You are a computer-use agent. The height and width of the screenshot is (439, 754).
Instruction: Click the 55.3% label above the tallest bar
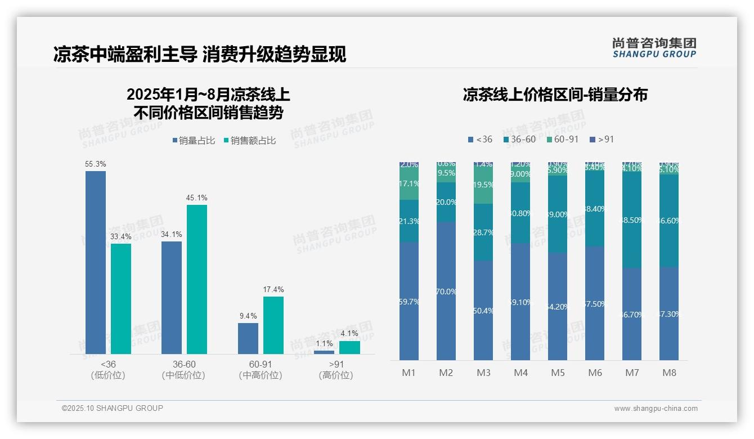[x=96, y=164]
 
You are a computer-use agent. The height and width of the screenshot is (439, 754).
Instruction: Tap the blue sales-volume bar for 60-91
[x=248, y=338]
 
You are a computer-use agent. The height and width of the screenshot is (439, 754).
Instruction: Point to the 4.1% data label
[x=349, y=334]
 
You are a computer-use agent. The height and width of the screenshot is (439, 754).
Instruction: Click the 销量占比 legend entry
[x=194, y=141]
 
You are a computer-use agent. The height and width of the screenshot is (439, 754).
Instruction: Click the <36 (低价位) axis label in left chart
[x=108, y=370]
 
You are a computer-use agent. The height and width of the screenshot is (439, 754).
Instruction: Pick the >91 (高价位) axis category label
[x=336, y=370]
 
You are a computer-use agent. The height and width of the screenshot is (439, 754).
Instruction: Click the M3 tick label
[x=483, y=373]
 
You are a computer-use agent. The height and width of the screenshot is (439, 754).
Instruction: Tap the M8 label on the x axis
[x=669, y=373]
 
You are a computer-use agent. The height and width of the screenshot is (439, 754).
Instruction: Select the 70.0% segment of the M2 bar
[x=446, y=291]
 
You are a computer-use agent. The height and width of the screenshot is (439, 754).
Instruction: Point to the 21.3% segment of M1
[x=409, y=221]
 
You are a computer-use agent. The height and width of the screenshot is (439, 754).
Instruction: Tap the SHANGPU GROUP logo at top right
[x=654, y=48]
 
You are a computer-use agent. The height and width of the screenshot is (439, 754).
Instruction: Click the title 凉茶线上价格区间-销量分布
[x=555, y=95]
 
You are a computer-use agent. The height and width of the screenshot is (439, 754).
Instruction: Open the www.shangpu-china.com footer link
[x=656, y=409]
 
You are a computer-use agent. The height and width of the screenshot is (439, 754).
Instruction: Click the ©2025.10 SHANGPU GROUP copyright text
[x=113, y=408]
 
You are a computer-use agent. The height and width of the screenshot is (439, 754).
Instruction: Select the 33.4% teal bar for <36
[x=121, y=298]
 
